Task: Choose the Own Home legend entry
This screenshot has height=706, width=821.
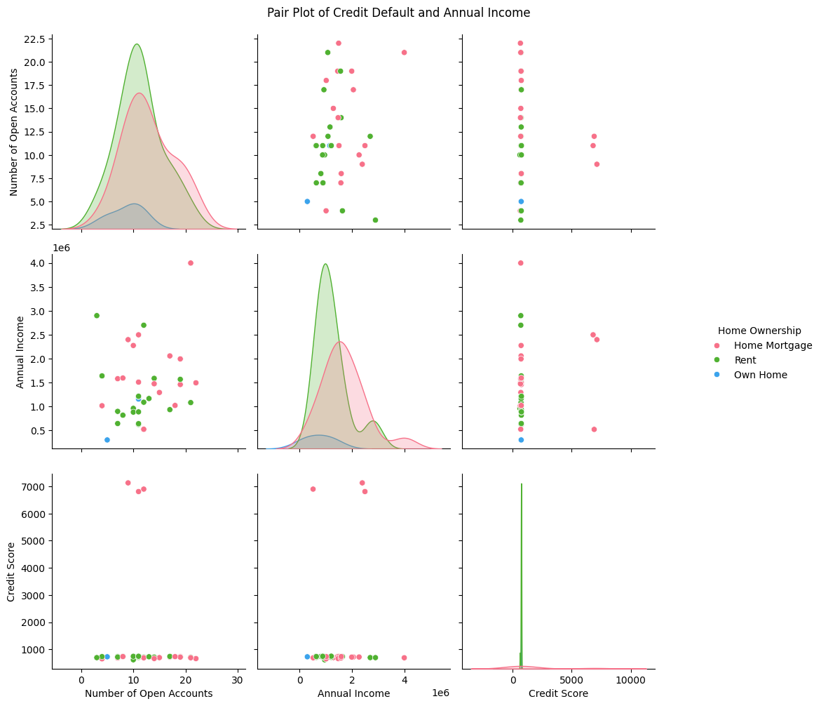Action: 752,375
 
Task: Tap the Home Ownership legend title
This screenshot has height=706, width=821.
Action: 759,331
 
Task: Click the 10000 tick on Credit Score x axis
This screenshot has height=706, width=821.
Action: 631,679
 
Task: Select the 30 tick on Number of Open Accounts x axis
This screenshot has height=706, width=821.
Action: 238,679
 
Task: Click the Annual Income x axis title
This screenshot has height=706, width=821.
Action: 353,694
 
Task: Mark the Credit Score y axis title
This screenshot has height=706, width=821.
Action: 11,571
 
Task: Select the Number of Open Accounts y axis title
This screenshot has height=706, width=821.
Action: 14,132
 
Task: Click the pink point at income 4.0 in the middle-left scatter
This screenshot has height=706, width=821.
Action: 191,263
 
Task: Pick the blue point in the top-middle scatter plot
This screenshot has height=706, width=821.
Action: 307,201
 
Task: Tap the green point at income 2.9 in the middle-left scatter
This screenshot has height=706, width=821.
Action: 96,316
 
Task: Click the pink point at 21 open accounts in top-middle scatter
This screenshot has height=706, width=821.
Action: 405,53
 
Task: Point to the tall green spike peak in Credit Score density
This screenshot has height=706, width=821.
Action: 522,484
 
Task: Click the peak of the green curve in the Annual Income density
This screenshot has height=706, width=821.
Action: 325,264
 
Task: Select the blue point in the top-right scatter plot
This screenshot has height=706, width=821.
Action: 521,201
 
